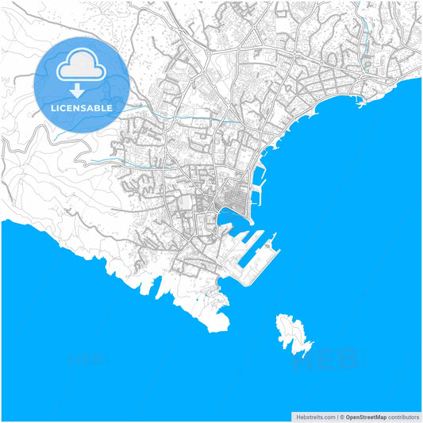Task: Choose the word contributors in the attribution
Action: [x=403, y=416]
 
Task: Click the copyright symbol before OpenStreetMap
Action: [x=342, y=416]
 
